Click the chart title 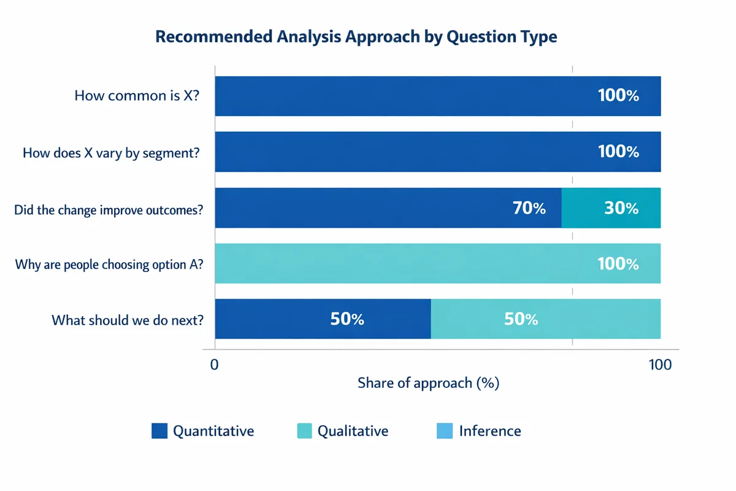tap(356, 37)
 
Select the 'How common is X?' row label tap(136, 96)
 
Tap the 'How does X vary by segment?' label tap(110, 152)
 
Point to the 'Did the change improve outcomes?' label tap(109, 209)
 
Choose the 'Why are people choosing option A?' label tap(109, 265)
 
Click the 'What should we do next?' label tap(127, 320)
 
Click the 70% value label tap(529, 209)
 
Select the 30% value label tap(621, 209)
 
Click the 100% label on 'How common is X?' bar tap(618, 96)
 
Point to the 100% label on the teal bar tap(618, 265)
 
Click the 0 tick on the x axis tap(215, 365)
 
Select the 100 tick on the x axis tap(660, 365)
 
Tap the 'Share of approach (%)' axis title tap(428, 384)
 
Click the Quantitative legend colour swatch tap(159, 431)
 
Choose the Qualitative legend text tap(352, 431)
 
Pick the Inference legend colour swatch tap(444, 431)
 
